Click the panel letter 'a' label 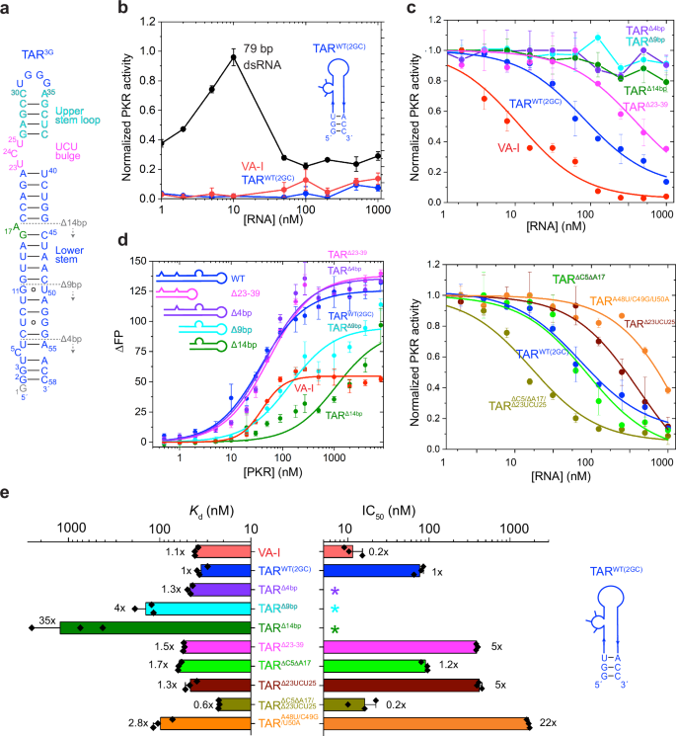tap(7, 8)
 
